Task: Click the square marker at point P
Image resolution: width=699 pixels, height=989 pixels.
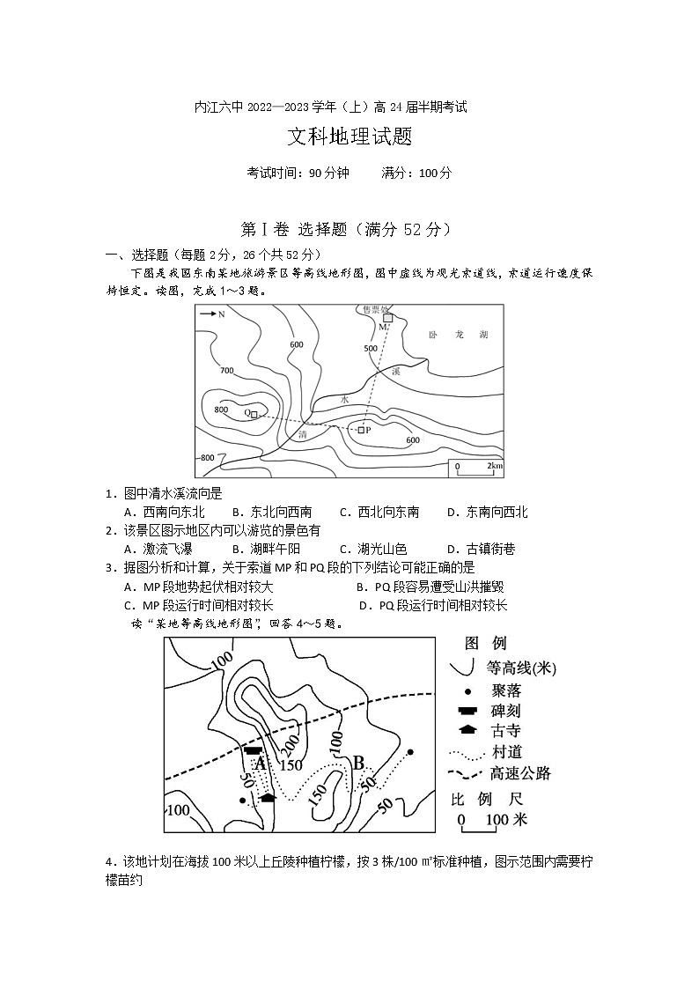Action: click(x=361, y=430)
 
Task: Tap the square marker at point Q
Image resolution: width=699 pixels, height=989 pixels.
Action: click(x=254, y=413)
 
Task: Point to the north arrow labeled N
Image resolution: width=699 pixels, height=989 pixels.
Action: click(x=212, y=314)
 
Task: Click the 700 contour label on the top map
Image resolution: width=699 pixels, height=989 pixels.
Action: click(x=227, y=371)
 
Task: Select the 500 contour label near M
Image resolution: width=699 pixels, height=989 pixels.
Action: click(x=370, y=349)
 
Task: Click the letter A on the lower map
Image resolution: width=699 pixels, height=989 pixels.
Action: click(x=260, y=764)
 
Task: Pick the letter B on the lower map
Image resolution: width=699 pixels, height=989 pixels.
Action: click(x=358, y=762)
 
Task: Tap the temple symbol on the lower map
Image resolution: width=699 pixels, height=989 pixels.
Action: click(x=268, y=798)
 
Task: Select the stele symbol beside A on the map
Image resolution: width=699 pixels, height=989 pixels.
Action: click(x=254, y=750)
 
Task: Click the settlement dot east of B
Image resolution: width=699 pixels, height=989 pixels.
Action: click(x=410, y=752)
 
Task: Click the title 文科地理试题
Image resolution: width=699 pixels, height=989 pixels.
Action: click(x=349, y=137)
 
